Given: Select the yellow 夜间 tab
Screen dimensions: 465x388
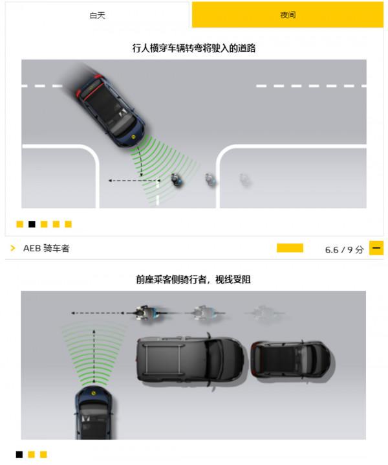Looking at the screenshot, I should (288, 15).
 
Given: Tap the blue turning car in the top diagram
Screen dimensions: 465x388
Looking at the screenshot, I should (111, 111).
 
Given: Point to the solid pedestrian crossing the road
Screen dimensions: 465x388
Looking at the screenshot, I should (177, 180).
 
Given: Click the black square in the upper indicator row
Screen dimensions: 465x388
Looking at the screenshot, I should (32, 224).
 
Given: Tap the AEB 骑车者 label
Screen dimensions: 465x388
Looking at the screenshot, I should (46, 248).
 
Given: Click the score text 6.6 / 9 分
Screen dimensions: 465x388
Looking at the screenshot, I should (344, 249).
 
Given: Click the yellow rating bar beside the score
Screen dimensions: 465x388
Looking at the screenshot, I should (290, 248).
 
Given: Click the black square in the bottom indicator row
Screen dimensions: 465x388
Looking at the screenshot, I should (19, 455).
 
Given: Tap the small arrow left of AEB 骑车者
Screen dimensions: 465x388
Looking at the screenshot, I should (13, 248).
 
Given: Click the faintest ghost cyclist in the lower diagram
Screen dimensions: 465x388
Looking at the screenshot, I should (264, 313).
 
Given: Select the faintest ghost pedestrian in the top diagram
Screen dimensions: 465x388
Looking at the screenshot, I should (244, 179).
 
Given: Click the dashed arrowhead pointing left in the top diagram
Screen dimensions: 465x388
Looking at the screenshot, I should (111, 180).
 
